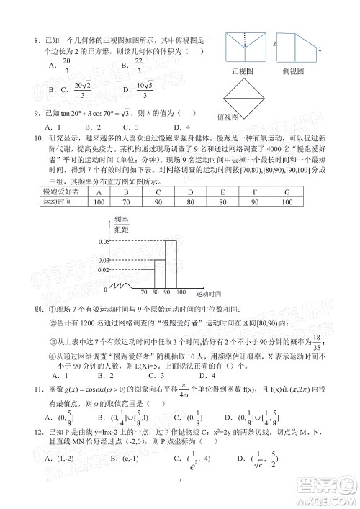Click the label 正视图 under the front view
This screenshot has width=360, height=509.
245,71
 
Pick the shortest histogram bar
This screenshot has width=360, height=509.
146,278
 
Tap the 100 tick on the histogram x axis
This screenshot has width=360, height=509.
181,293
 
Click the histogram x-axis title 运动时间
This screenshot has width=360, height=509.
207,296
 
